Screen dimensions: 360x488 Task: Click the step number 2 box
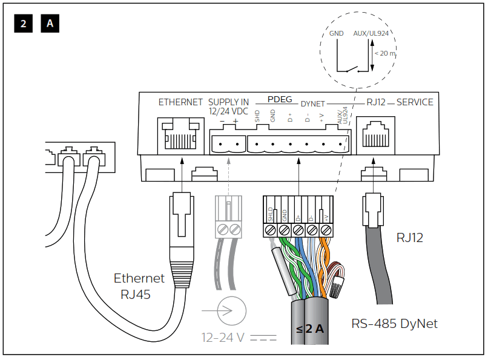(x=22, y=24)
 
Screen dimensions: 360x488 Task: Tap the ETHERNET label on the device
(x=180, y=102)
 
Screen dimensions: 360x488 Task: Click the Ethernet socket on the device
(x=180, y=135)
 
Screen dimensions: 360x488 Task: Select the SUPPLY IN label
(x=228, y=102)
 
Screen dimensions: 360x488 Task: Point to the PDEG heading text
(x=280, y=99)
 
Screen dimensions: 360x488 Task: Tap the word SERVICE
(x=415, y=102)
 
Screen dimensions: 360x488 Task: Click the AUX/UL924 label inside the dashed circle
(x=370, y=34)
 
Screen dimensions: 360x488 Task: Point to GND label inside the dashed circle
(x=336, y=34)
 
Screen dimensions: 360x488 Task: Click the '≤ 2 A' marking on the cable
(x=309, y=329)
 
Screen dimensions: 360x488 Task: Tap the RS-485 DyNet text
(x=394, y=324)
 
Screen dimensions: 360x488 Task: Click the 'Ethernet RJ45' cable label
(x=139, y=286)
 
